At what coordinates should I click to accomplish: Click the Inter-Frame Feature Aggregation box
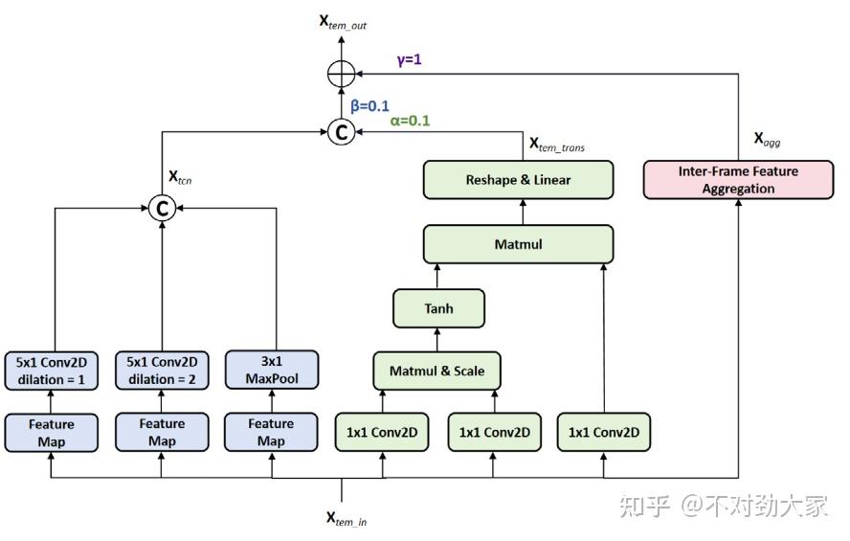738,180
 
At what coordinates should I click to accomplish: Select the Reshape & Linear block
518,180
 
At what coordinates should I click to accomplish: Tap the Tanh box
438,308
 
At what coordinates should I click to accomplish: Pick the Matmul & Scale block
436,371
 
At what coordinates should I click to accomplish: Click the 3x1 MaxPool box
271,370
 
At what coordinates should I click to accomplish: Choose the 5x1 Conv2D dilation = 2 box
162,370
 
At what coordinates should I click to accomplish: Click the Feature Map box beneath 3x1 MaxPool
271,432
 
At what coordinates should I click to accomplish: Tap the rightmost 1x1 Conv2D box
603,432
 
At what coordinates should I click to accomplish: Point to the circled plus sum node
341,73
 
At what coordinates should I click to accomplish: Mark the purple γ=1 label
409,59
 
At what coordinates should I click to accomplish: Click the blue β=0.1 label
370,105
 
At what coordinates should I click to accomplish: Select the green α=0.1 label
410,122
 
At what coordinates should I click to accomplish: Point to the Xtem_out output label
343,21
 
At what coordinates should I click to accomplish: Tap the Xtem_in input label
346,518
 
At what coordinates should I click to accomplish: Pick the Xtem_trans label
556,145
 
